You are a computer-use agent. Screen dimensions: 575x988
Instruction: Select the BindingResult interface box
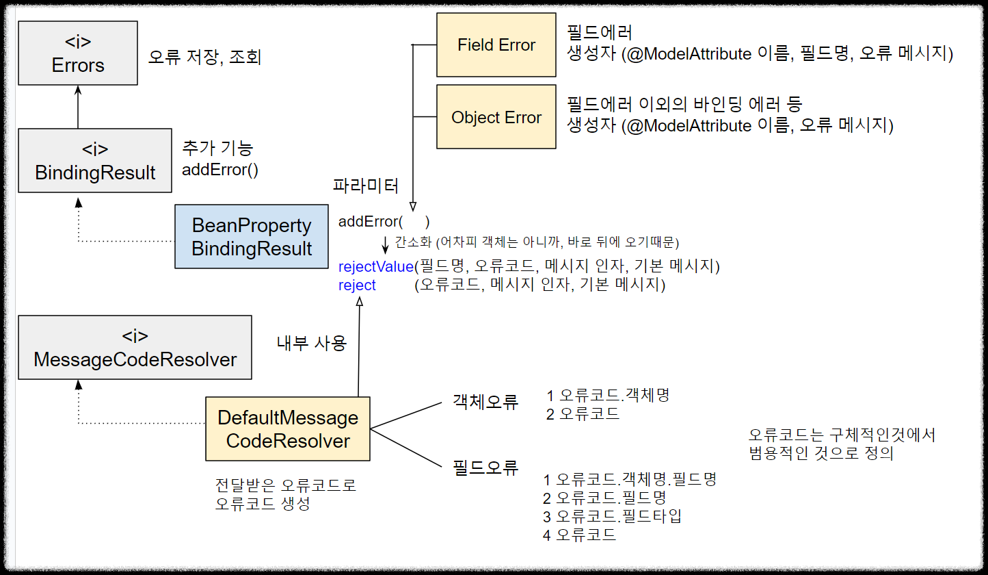(x=95, y=160)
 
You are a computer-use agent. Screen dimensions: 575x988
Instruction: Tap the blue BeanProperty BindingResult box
(x=252, y=237)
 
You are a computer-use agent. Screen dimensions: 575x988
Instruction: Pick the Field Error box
(x=496, y=45)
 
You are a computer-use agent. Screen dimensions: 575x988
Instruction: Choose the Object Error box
(x=496, y=118)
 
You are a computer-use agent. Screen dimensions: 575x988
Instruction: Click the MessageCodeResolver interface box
(x=135, y=348)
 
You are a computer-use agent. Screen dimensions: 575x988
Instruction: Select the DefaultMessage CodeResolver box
(x=288, y=429)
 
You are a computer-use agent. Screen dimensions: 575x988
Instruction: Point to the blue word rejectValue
(x=376, y=266)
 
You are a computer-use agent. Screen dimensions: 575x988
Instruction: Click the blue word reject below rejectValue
(x=357, y=285)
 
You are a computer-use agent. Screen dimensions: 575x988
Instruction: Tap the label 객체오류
(x=485, y=402)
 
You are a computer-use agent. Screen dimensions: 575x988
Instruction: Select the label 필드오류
(x=485, y=468)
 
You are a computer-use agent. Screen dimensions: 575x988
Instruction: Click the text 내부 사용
(x=311, y=344)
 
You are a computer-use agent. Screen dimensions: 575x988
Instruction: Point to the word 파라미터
(x=366, y=186)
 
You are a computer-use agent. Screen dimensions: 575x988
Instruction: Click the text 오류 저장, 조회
(x=204, y=57)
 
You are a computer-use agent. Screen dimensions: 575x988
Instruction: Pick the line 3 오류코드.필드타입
(x=612, y=516)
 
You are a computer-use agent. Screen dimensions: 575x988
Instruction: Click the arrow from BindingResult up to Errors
(x=78, y=107)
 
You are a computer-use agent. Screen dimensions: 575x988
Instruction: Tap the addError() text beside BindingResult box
(x=220, y=170)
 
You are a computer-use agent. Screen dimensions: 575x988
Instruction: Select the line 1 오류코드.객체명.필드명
(x=629, y=479)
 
